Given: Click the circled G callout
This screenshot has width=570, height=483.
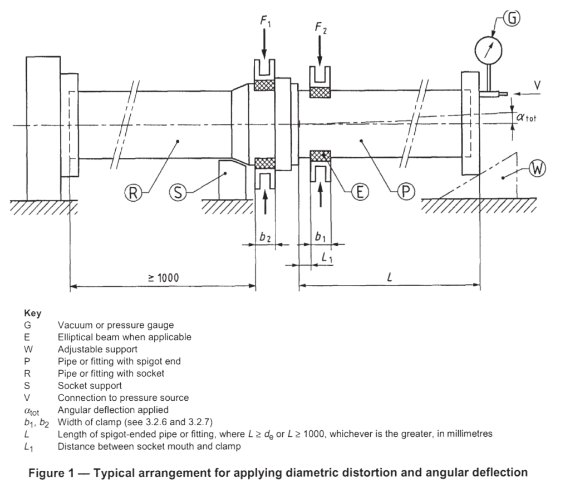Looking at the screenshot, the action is [x=512, y=18].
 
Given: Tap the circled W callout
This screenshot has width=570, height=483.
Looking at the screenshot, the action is [x=537, y=169].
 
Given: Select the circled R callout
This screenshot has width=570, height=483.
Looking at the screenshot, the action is [x=133, y=193].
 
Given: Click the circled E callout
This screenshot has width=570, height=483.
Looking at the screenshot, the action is [x=360, y=191].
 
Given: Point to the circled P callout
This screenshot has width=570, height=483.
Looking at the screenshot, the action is [x=406, y=191].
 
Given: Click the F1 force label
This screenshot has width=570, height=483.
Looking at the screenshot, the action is [x=265, y=21].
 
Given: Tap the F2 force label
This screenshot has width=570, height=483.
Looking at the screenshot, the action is [x=321, y=28].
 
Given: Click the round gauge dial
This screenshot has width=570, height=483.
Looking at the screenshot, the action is [x=488, y=51].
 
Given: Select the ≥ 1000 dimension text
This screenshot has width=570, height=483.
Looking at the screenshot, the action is [x=163, y=278].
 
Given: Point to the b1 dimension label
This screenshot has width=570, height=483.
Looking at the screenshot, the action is [x=320, y=237].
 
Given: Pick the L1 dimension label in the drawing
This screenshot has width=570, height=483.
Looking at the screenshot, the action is [x=327, y=257].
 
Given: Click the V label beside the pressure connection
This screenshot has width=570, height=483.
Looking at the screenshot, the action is [x=537, y=86].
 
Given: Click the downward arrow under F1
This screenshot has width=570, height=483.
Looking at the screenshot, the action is [x=264, y=44].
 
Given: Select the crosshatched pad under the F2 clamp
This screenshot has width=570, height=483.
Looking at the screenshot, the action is [x=320, y=92].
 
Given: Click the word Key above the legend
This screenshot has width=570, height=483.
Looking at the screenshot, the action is [x=33, y=313].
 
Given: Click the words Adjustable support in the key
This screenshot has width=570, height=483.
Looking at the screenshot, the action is [x=97, y=349].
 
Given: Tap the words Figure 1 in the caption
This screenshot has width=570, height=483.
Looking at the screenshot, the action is [x=51, y=473].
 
